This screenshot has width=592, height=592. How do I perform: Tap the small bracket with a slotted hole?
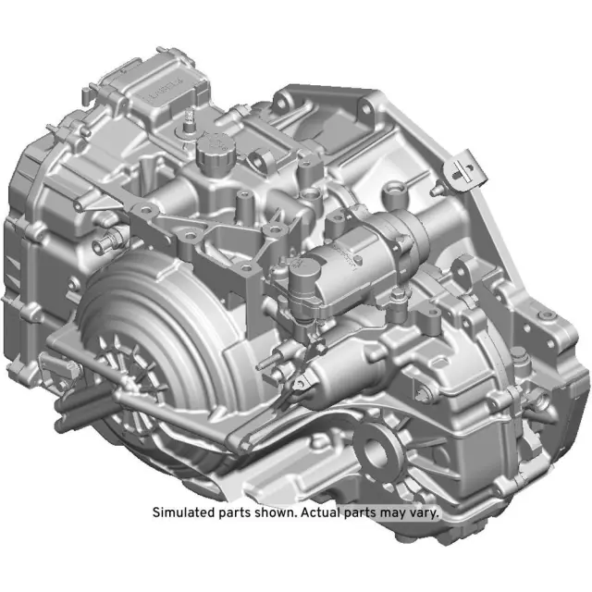tap(460, 169)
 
